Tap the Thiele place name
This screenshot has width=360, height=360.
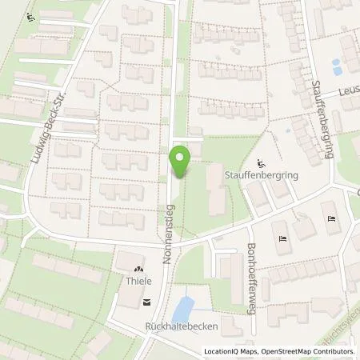tap(140, 281)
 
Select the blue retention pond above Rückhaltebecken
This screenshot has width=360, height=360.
tap(183, 306)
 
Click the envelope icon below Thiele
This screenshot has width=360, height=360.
tap(146, 302)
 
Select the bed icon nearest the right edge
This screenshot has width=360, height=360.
tap(331, 218)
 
